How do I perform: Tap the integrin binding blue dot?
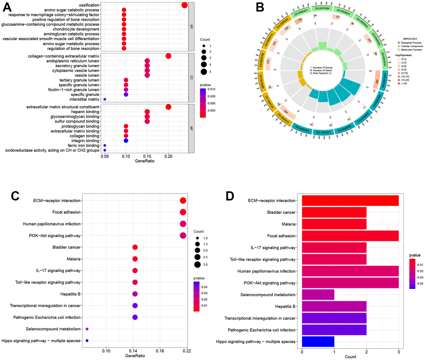pos(126,141)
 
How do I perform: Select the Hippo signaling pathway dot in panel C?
pos(87,341)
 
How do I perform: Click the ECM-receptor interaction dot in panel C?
pos(183,201)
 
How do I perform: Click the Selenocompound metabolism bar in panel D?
pos(318,295)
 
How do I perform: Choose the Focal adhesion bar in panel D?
pos(350,236)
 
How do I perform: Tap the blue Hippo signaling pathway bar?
pos(318,342)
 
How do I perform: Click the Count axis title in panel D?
pos(350,357)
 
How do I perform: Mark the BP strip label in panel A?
pos(192,26)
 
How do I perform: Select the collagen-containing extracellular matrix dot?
pos(168,56)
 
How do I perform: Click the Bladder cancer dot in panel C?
pos(135,247)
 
